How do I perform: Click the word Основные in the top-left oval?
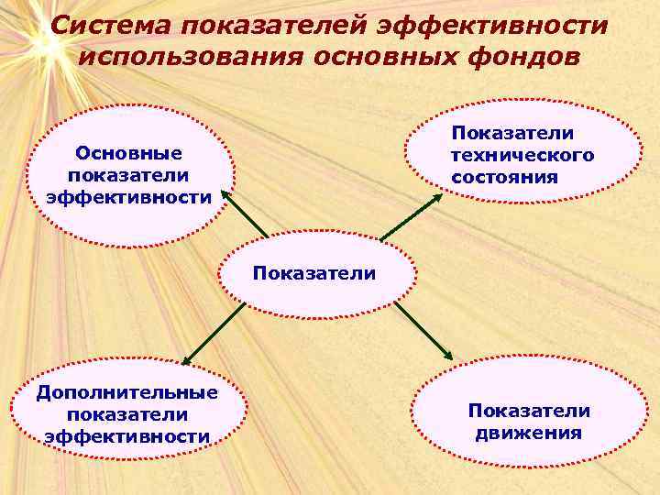pos(128,153)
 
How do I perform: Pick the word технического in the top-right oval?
pos(522,155)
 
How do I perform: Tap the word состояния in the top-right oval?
pos(504,176)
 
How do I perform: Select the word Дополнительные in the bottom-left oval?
pos(127,393)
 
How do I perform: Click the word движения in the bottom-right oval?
pos(529,433)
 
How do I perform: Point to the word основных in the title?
pos(388,57)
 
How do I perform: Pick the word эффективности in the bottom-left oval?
pos(127,436)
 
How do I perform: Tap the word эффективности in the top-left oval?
pos(128,196)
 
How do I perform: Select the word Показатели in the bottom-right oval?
pos(529,411)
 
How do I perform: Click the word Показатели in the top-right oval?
pos(512,134)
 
